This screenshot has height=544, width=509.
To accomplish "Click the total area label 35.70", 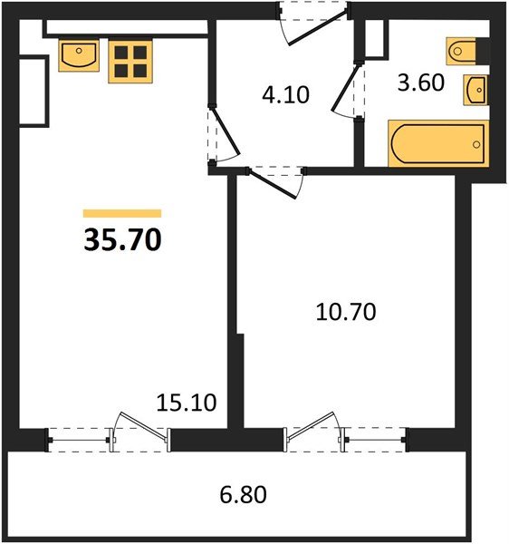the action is pyautogui.click(x=122, y=239).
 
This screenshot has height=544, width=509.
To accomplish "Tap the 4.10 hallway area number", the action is pyautogui.click(x=285, y=94).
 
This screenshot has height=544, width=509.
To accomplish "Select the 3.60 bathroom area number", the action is pyautogui.click(x=420, y=83).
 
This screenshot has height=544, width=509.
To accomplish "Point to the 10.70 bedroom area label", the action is pyautogui.click(x=346, y=312).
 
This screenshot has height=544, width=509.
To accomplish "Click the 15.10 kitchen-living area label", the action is pyautogui.click(x=187, y=403).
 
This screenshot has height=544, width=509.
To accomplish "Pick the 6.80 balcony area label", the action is pyautogui.click(x=244, y=494).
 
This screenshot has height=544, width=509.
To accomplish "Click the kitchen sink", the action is pyautogui.click(x=79, y=55).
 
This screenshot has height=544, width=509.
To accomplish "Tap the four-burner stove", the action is pyautogui.click(x=130, y=62).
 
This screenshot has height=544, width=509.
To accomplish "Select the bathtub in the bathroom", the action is pyautogui.click(x=438, y=143).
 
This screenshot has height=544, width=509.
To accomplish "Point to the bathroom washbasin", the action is pyautogui.click(x=476, y=90).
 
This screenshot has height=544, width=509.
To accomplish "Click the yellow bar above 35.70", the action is pyautogui.click(x=122, y=213).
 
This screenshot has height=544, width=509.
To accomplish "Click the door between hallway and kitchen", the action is pyautogui.click(x=226, y=131).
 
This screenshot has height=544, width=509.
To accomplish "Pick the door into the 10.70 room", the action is pyautogui.click(x=273, y=184).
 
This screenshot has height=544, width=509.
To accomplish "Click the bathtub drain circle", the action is pyautogui.click(x=476, y=144).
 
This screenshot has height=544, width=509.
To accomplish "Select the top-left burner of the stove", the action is pyautogui.click(x=121, y=53).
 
